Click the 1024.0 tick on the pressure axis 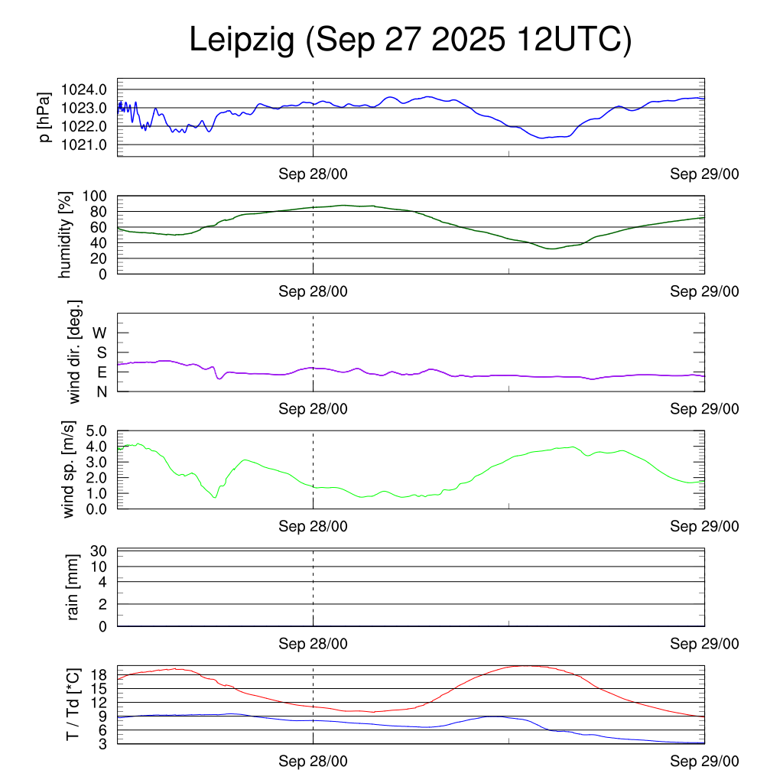pos(85,89)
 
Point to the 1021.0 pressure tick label pos(85,145)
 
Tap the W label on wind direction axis pos(100,333)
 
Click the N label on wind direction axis pos(102,391)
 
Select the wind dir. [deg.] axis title pos(75,352)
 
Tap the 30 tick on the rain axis pos(98,551)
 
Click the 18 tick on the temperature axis pos(99,674)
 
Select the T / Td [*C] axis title pos(73,703)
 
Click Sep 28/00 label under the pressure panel pos(313,174)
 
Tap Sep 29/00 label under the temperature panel pos(704,762)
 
